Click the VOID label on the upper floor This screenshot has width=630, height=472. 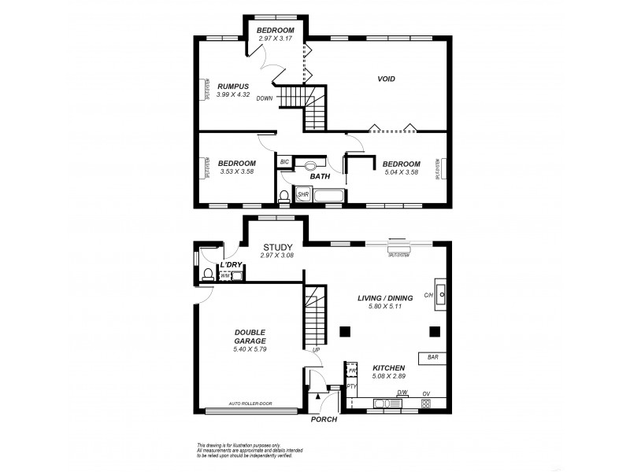pos(386,79)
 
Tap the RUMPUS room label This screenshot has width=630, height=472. pos(233,86)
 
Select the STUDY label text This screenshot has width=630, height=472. pos(278,246)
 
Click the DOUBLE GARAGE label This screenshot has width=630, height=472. pos(250,336)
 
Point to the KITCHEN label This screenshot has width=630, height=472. pos(389,367)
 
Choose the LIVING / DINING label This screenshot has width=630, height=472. pos(385,297)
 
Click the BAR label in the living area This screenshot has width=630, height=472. pos(432,357)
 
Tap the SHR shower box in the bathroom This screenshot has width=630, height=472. pos(302,194)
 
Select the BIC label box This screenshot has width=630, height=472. pos(284,162)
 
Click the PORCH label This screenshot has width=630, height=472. pos(324,419)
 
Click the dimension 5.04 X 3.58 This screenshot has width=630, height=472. pos(398,171)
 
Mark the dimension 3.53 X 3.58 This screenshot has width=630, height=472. pos(236,171)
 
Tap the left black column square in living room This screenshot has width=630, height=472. pos(344,331)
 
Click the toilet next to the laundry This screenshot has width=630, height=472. pos(208,274)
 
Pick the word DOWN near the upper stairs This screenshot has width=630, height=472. pos(265,98)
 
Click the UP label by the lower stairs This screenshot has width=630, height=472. pos(316,350)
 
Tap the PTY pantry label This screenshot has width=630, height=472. pos(352,386)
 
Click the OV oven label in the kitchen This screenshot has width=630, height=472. pos(426,393)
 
